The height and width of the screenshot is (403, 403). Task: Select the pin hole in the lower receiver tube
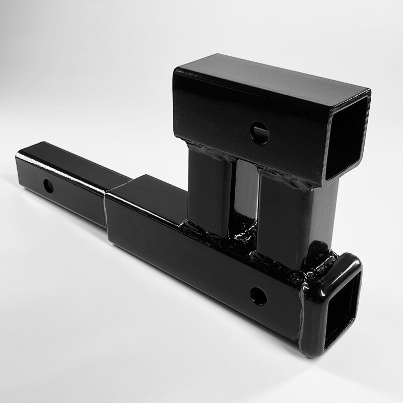(x=258, y=296)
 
